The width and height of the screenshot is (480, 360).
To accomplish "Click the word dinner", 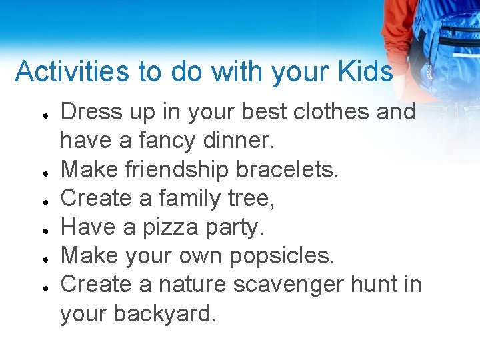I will click(237, 141).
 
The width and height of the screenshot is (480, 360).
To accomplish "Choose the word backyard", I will click(170, 313).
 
